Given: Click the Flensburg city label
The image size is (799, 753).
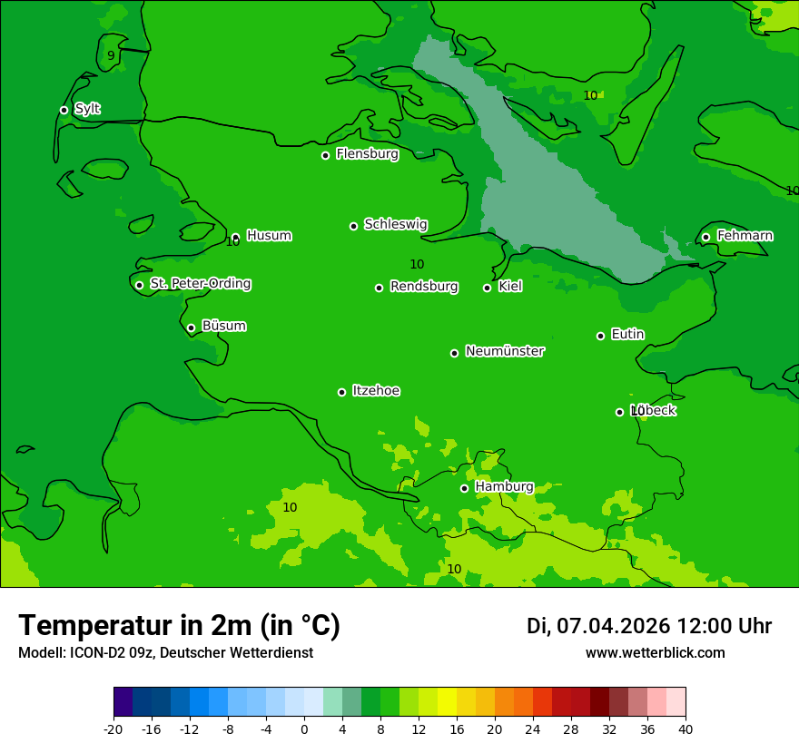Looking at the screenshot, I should coord(367,154).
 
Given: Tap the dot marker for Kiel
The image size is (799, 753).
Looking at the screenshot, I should coord(487,288).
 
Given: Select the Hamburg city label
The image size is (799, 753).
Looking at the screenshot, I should coord(504,487).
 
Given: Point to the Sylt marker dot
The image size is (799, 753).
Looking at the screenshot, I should coord(64,110).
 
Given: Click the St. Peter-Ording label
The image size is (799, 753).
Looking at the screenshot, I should coord(200,284).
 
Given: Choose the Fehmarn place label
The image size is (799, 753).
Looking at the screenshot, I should coord(745,236).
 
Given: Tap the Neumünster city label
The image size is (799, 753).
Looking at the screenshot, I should coord(505,351).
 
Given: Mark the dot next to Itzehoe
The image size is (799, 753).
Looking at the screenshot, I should coord(341,392).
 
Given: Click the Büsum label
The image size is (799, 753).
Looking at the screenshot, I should coord(223,326).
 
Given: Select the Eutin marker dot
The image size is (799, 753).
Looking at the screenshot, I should coord(600,336).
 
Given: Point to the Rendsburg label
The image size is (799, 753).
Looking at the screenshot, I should coord(424,287).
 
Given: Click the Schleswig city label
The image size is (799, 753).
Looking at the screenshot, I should coord(395,224).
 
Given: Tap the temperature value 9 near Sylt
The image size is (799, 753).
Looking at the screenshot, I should coord(111,55).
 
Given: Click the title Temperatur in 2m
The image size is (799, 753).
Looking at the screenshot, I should coord(179,625).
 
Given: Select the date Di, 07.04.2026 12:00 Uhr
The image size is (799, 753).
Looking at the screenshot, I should coord(649,626).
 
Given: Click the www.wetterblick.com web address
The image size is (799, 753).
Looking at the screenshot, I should coord(655,652).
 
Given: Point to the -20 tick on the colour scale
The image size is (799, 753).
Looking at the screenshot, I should coord(113,729).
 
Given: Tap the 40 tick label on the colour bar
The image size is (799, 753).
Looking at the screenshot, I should coord(686,729).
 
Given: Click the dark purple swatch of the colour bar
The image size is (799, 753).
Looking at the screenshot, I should coord(123,702).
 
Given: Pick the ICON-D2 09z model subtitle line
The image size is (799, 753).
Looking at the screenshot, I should coord(165,652).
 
